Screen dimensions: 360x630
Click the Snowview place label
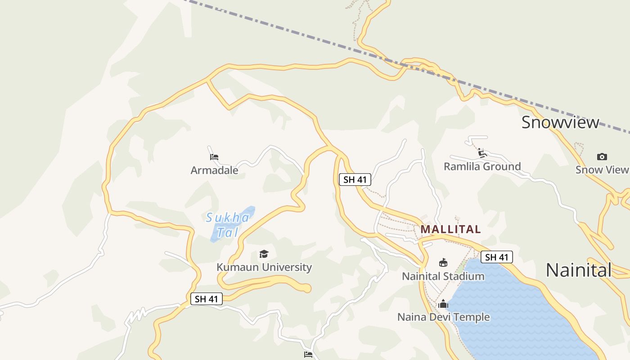coord(560,122)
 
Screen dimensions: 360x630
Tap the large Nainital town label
coord(578,270)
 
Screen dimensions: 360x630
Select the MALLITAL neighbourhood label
coord(450,229)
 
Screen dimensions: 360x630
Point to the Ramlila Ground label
coord(482,166)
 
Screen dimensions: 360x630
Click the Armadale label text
coord(214,171)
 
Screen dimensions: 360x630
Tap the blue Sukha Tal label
coord(228,225)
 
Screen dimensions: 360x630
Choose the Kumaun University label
coord(264,267)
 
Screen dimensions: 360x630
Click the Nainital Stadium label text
coord(443,276)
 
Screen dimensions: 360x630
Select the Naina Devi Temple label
coord(443,317)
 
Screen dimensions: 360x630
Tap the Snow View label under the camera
coord(602,170)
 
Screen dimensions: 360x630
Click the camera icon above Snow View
coord(602,157)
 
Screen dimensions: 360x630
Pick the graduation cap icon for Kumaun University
coord(264,254)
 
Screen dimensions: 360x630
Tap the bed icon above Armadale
coord(214,157)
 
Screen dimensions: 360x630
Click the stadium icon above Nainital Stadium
coord(443,263)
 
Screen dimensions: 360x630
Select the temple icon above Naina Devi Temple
coord(443,304)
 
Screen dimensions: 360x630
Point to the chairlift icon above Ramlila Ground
coord(482,153)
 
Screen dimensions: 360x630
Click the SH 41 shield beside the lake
coord(496,257)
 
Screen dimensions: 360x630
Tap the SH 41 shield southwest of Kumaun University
coord(206,299)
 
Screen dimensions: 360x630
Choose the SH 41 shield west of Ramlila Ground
coord(355,180)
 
